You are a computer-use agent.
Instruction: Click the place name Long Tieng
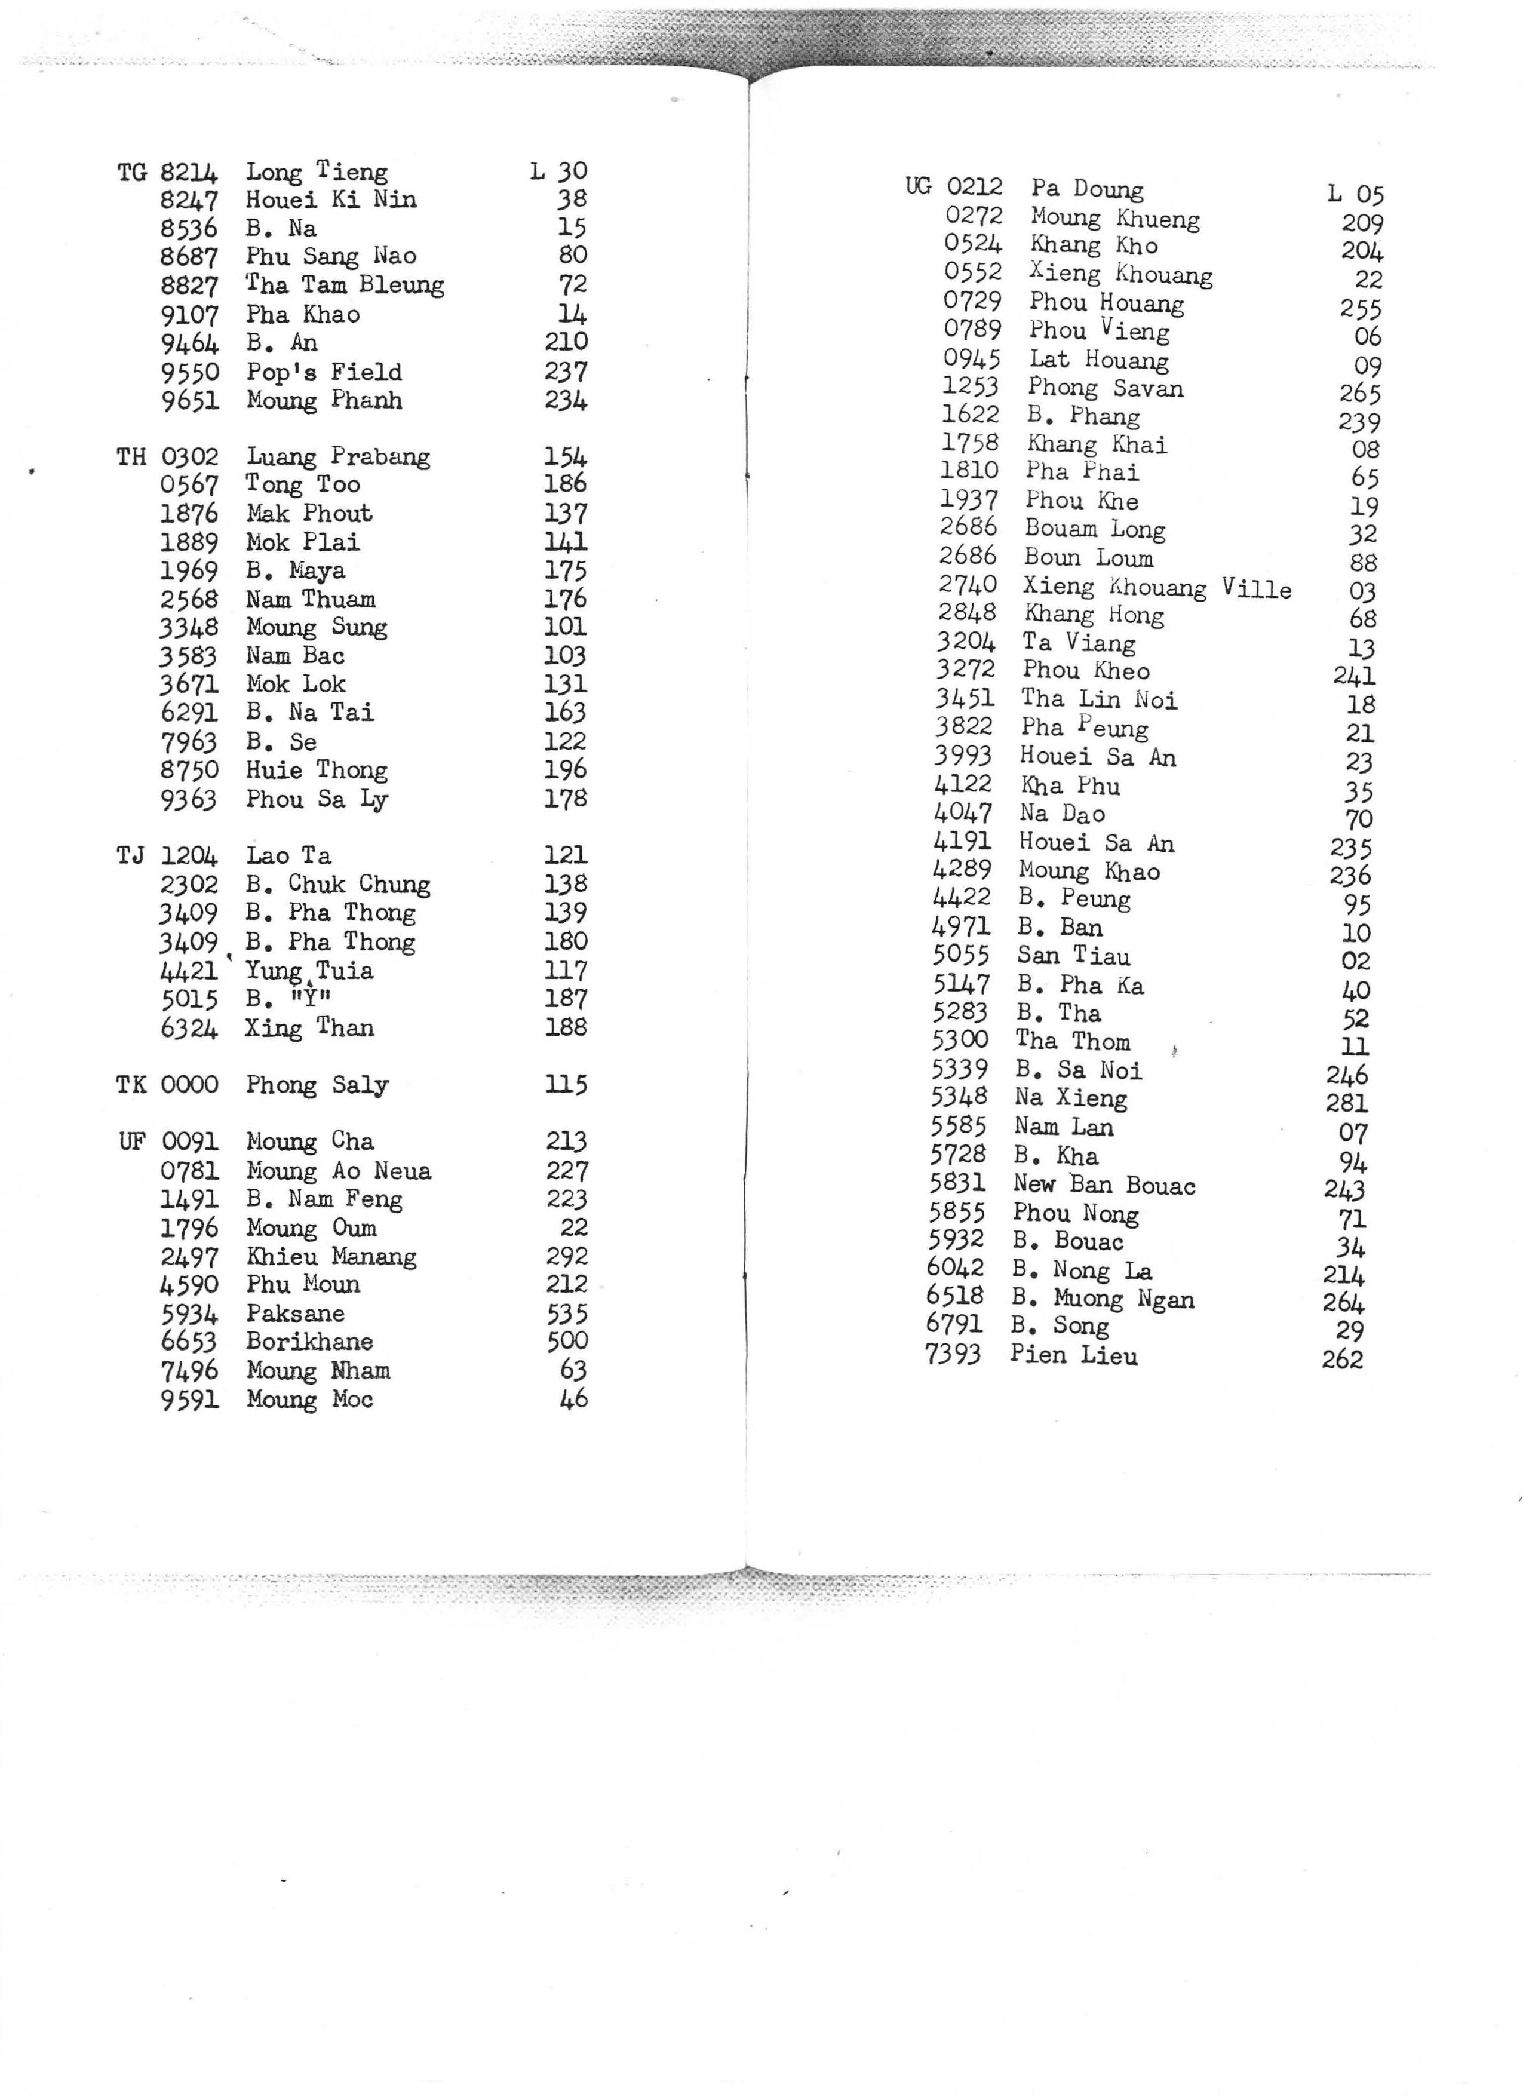click(x=316, y=172)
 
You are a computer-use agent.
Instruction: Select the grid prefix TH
click(x=131, y=456)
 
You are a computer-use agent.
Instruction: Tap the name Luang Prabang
click(x=337, y=456)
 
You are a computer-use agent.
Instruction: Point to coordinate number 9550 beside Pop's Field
click(x=189, y=373)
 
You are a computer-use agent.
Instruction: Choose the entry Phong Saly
click(x=317, y=1084)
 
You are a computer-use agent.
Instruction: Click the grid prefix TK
click(x=131, y=1084)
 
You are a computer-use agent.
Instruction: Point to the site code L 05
click(x=1355, y=194)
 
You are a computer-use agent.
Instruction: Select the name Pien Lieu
click(x=1074, y=1356)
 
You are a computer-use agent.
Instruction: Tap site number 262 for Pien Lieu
click(x=1342, y=1358)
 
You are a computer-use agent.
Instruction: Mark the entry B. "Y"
click(x=288, y=999)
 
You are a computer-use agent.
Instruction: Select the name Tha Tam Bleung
click(x=344, y=285)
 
